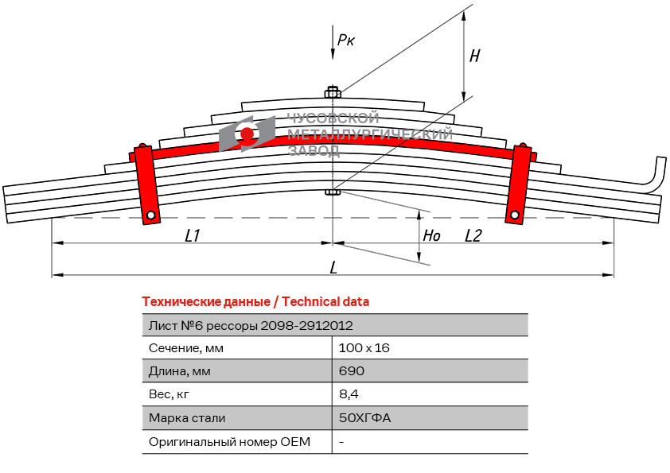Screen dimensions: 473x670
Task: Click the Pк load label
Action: coord(346,41)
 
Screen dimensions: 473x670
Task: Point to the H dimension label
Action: coord(475,56)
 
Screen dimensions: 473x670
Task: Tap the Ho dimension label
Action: coord(431,236)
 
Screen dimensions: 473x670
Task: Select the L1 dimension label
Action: coord(192,236)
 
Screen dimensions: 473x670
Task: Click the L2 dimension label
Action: coord(473,236)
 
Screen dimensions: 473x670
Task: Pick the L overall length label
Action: coord(333,268)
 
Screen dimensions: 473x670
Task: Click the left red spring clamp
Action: coord(146,184)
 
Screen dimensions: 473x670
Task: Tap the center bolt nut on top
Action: coord(333,91)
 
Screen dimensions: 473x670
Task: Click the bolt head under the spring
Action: coord(333,192)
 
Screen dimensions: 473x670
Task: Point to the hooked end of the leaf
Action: coord(656,175)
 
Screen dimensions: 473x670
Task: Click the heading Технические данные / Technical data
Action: coord(255,302)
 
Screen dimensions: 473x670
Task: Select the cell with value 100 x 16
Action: coord(364,348)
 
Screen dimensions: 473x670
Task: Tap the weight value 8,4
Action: coord(349,394)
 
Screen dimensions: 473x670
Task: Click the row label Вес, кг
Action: coord(169,394)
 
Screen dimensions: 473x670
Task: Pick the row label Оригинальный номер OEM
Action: coord(229,441)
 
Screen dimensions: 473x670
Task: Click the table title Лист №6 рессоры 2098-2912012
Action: coord(251,325)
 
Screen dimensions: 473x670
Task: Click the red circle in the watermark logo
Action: coord(247,134)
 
